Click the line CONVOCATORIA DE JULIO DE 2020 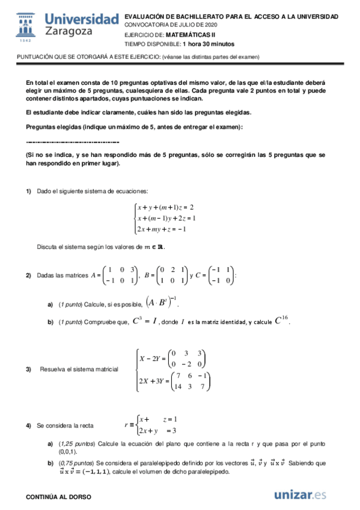171,25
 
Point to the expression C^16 282,321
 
